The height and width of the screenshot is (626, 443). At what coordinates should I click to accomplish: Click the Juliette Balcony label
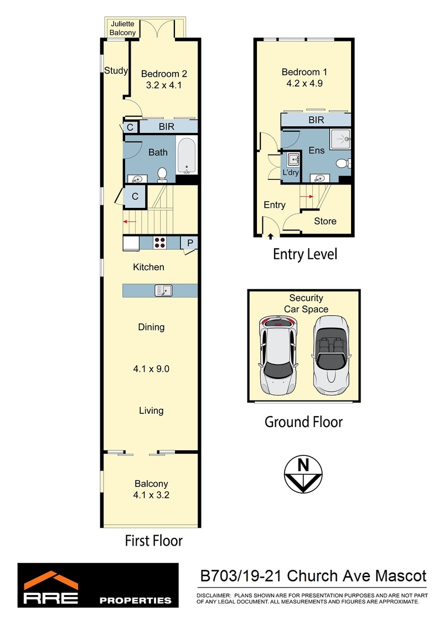(122, 28)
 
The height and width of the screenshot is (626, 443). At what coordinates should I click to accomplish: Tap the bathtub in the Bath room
(187, 156)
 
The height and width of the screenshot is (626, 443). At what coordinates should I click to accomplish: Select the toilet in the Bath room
(162, 175)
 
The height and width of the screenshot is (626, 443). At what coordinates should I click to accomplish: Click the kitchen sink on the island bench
(163, 290)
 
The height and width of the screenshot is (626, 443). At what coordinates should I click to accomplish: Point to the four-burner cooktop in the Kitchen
(160, 243)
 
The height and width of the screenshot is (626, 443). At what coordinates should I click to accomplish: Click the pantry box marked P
(190, 243)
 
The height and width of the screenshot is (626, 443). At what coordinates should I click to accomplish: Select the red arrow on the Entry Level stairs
(307, 197)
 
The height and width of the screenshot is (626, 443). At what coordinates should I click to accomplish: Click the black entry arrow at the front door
(271, 237)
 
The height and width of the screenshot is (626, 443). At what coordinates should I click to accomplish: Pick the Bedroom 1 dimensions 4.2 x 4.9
(305, 84)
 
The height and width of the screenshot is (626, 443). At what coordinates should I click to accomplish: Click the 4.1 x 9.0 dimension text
(151, 369)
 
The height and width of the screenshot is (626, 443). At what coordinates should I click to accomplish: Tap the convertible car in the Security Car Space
(331, 355)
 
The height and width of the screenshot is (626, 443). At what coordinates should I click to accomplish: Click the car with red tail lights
(278, 355)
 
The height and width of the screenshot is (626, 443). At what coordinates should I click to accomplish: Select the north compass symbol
(303, 474)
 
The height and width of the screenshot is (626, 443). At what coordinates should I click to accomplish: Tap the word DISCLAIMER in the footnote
(214, 596)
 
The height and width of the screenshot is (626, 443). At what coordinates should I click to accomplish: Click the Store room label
(325, 221)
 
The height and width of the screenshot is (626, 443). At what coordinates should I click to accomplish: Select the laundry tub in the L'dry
(294, 160)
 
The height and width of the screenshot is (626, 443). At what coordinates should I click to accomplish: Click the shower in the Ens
(341, 139)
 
